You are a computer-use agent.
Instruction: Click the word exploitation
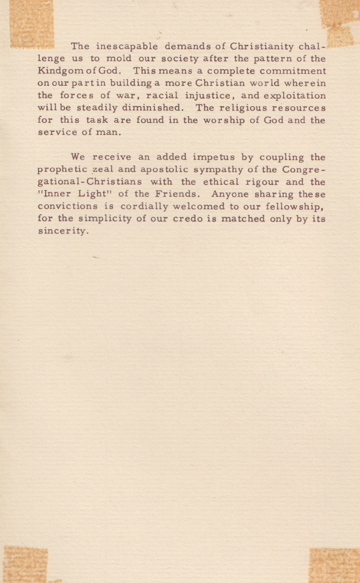coord(292,95)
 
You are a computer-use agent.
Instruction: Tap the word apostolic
coord(164,170)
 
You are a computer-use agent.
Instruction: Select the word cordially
coord(130,207)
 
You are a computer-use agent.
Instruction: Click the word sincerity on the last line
coord(62,232)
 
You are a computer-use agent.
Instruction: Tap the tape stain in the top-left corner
coord(30,23)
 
